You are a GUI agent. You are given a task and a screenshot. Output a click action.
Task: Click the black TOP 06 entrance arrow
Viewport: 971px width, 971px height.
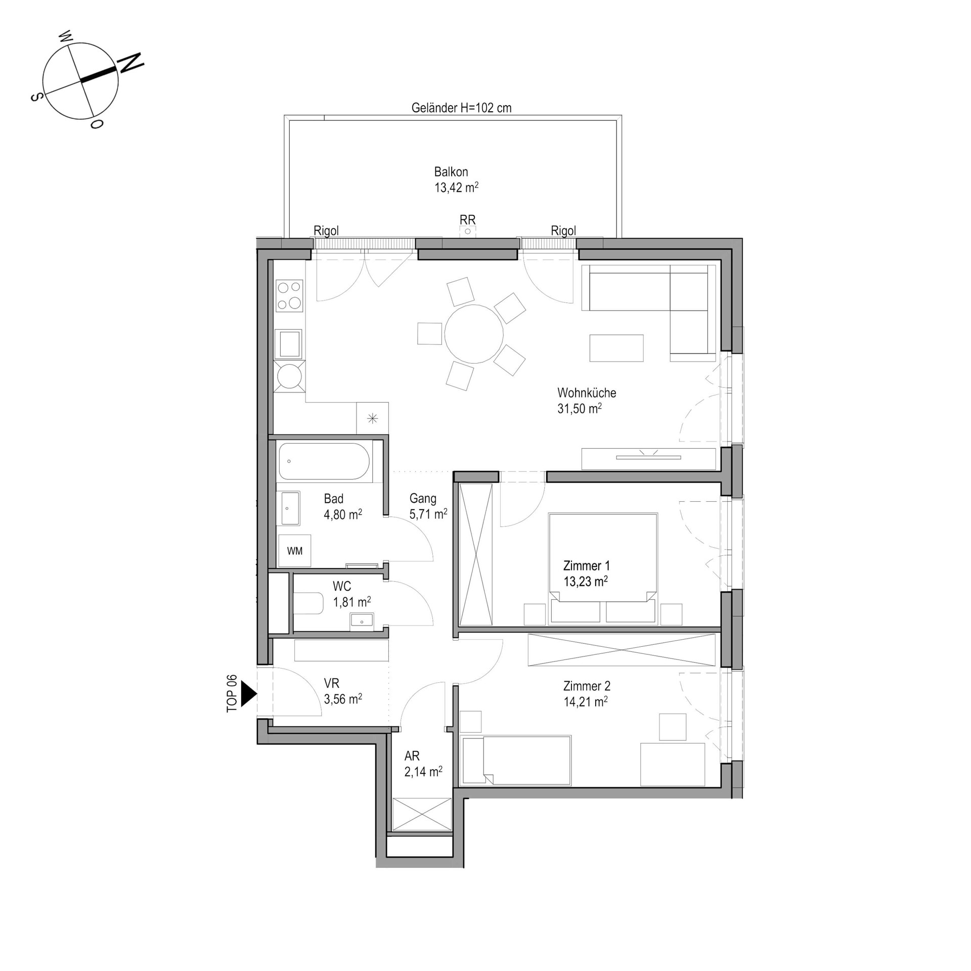[x=248, y=693]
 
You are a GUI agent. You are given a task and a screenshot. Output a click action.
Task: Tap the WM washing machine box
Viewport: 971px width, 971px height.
[x=294, y=551]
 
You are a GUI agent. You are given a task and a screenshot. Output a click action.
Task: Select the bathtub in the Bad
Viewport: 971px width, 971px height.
[x=324, y=461]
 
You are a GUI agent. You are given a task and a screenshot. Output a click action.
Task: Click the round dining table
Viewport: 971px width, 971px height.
[x=474, y=334]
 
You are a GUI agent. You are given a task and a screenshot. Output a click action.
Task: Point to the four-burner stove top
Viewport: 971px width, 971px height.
[x=289, y=295]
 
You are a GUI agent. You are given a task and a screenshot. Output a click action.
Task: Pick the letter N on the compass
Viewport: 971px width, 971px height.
[x=131, y=63]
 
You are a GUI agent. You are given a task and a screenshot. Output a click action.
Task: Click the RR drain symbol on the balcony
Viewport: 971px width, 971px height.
[x=468, y=231]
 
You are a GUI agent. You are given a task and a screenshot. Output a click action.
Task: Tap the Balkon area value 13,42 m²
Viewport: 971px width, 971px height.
[x=456, y=188]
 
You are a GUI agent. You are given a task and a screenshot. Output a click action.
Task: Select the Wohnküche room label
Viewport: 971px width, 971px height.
[x=587, y=392]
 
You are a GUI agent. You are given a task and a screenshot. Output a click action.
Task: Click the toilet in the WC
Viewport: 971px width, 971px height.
[x=308, y=603]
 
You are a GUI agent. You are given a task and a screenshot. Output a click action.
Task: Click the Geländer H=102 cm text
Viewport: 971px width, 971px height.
[x=461, y=108]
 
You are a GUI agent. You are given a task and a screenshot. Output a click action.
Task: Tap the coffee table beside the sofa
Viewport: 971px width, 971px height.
[x=616, y=348]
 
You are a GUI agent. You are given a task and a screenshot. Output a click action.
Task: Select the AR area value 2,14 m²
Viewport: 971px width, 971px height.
[x=423, y=772]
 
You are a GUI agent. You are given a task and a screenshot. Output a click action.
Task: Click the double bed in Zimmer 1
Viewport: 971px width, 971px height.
[x=603, y=568]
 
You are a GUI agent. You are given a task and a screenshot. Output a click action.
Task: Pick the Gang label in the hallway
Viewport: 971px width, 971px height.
[x=423, y=499]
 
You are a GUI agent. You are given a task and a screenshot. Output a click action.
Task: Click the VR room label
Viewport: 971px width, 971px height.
[x=332, y=684]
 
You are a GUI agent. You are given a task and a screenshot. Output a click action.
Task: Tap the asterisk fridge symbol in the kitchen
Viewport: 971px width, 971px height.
[x=373, y=418]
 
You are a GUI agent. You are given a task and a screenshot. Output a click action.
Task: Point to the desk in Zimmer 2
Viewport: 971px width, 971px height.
[x=673, y=764]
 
